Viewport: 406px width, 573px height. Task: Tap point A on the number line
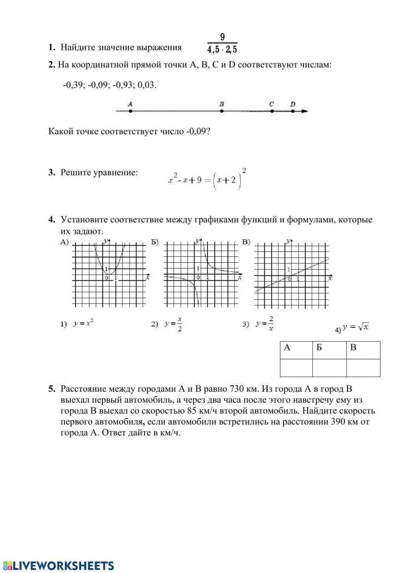pyautogui.click(x=130, y=110)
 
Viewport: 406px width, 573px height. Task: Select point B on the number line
pyautogui.click(x=222, y=110)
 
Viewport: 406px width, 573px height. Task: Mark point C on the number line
pyautogui.click(x=272, y=110)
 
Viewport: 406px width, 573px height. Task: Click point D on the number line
pyautogui.click(x=293, y=110)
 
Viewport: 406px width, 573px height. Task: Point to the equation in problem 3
pyautogui.click(x=207, y=179)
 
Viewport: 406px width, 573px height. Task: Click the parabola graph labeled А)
pyautogui.click(x=109, y=273)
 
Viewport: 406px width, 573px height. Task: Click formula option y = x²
pyautogui.click(x=83, y=324)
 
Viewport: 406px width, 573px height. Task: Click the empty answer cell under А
pyautogui.click(x=296, y=368)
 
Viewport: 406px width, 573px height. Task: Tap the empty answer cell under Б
pyautogui.click(x=329, y=368)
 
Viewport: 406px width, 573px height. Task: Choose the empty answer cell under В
pyautogui.click(x=363, y=368)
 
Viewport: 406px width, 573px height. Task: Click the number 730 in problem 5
pyautogui.click(x=236, y=389)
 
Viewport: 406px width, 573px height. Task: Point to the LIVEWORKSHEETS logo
pyautogui.click(x=58, y=566)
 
